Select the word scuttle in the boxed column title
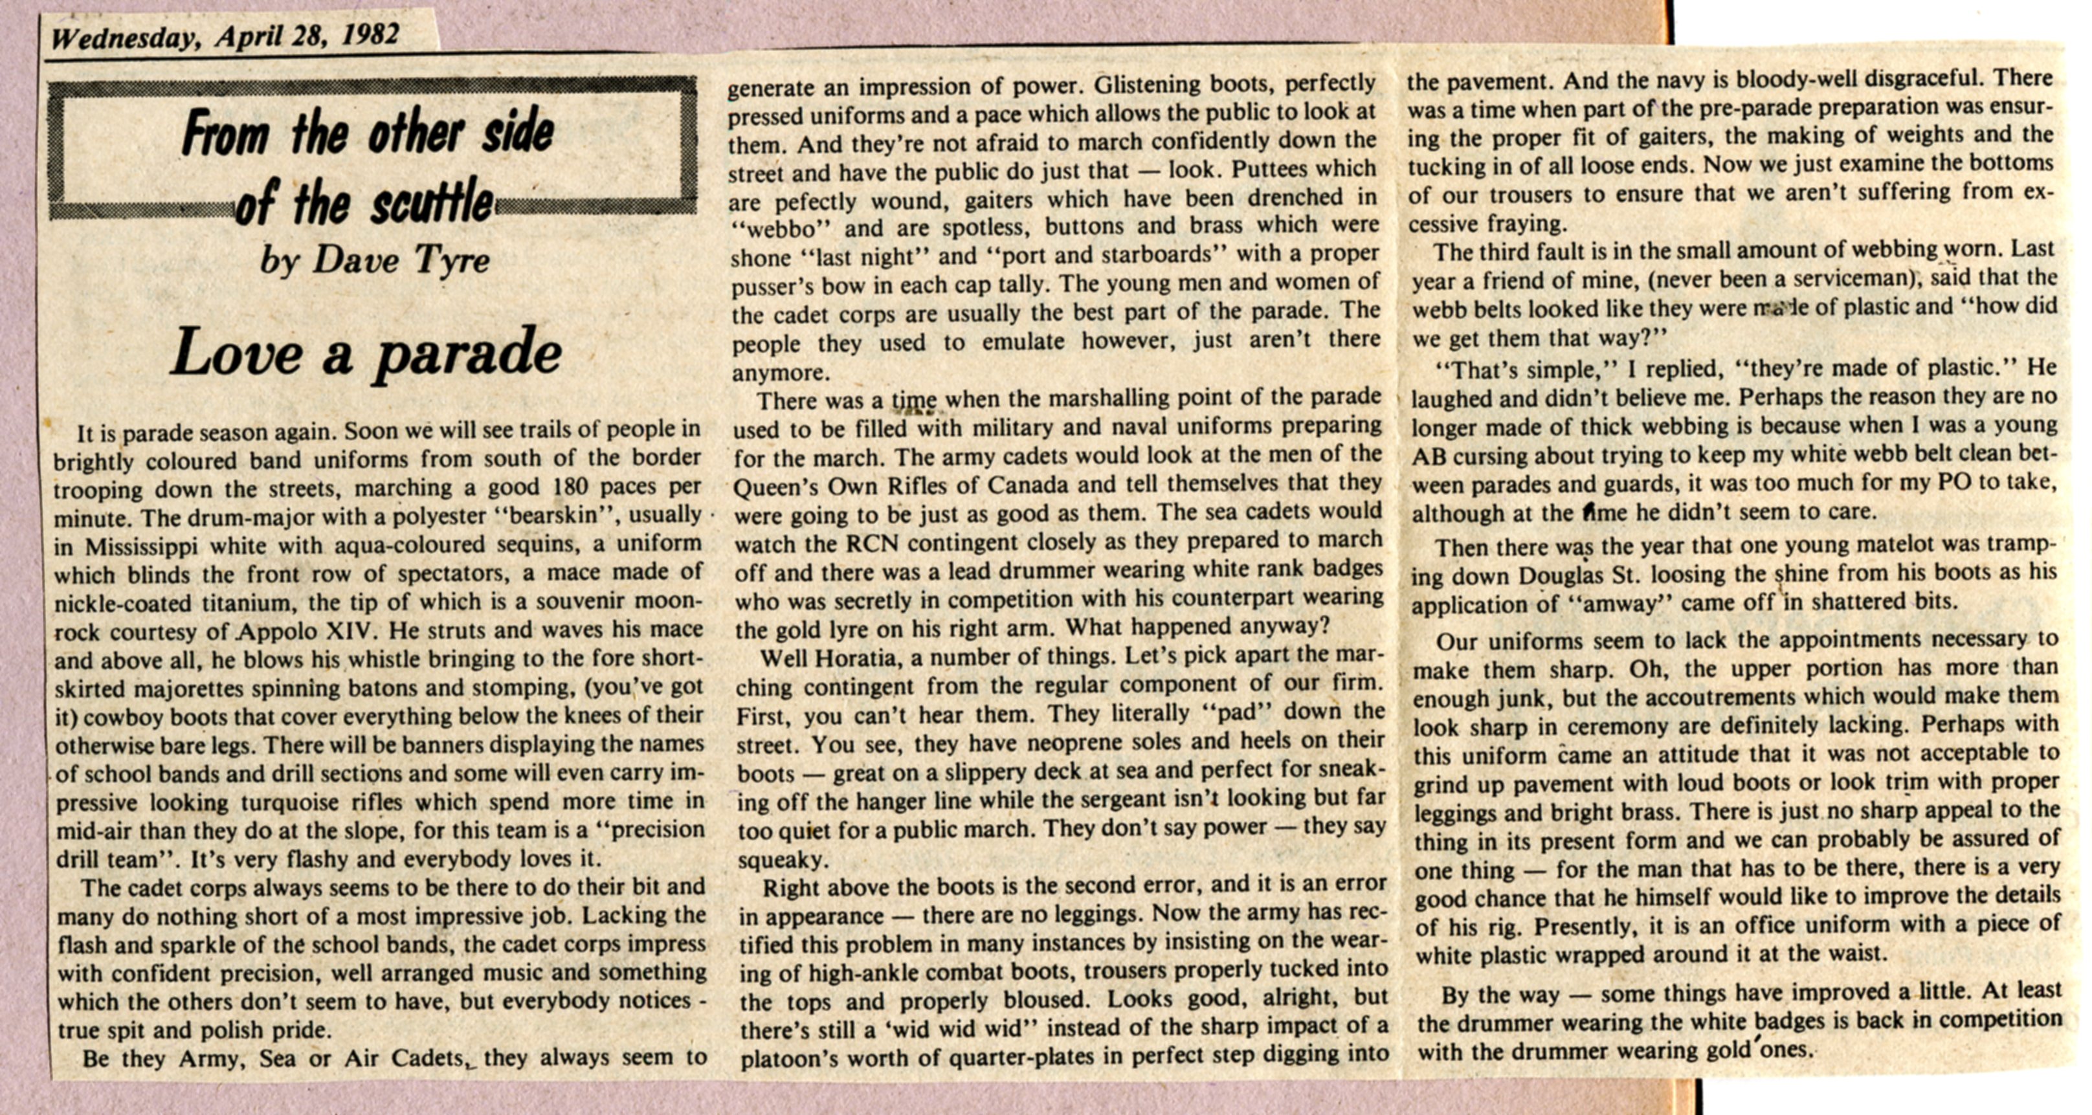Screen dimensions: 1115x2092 click(432, 202)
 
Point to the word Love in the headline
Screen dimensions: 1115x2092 click(235, 353)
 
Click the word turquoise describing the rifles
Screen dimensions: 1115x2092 click(287, 802)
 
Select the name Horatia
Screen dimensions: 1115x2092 click(843, 656)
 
